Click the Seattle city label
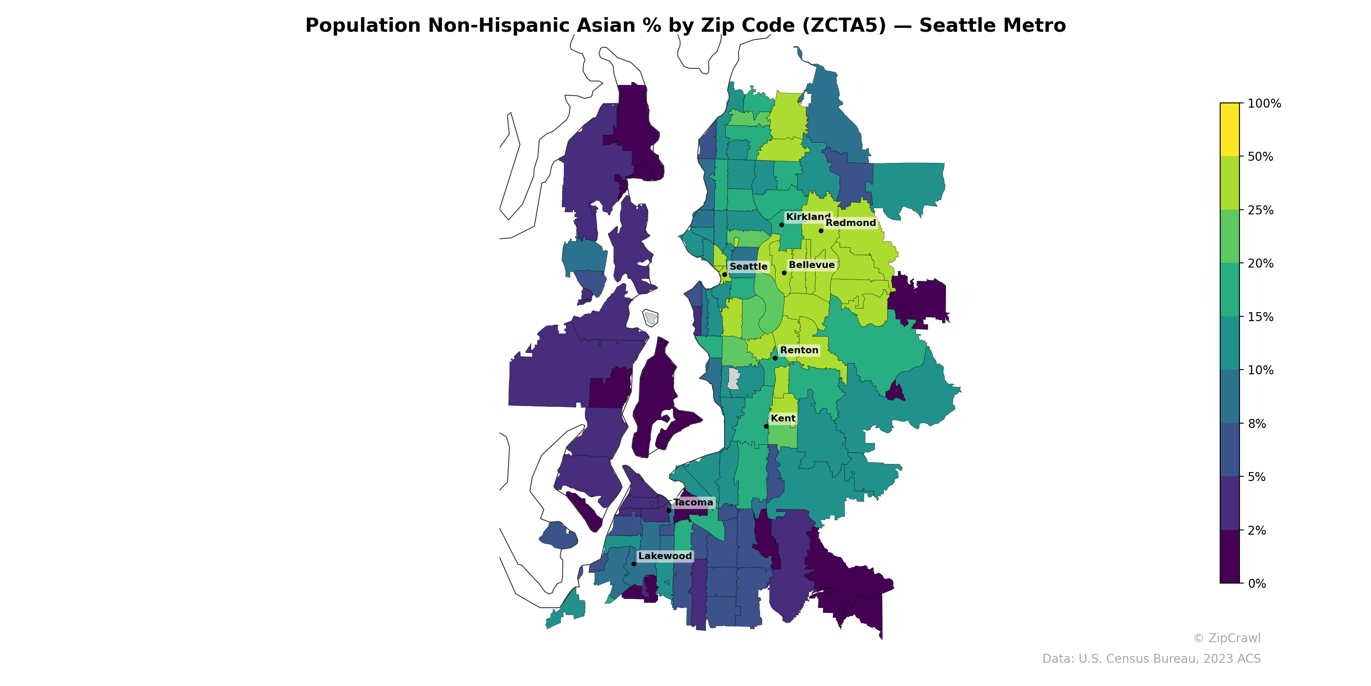tap(748, 266)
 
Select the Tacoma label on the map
tap(693, 502)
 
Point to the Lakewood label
tap(665, 556)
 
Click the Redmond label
tap(850, 223)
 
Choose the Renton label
tap(799, 350)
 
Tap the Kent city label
tap(783, 418)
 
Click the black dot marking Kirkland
tap(781, 225)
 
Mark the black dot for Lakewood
tap(633, 563)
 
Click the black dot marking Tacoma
tap(669, 510)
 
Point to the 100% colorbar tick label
tap(1264, 103)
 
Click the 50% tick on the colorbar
tap(1260, 156)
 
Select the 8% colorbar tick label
tap(1257, 424)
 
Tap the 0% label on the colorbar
tap(1257, 583)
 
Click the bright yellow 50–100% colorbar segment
tap(1230, 129)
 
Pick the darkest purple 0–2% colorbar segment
tap(1230, 557)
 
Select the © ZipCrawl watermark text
tap(1227, 638)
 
